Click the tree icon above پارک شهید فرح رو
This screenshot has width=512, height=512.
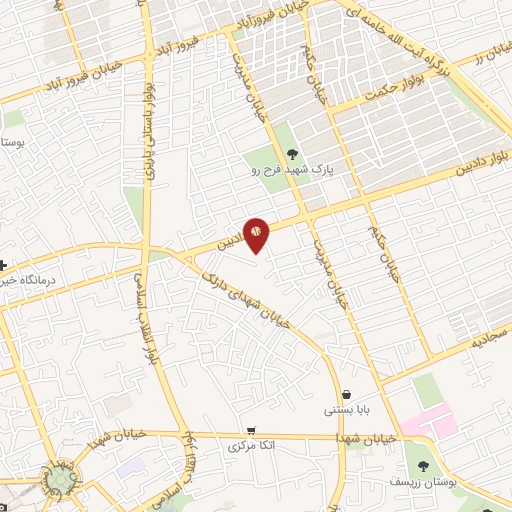pyautogui.click(x=292, y=153)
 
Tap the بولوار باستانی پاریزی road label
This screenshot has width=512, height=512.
pyautogui.click(x=152, y=130)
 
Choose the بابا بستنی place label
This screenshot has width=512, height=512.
pyautogui.click(x=346, y=409)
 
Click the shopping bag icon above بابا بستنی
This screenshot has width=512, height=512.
pyautogui.click(x=346, y=393)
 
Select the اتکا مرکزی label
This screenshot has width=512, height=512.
pyautogui.click(x=251, y=443)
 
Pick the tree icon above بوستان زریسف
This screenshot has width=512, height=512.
pyautogui.click(x=423, y=465)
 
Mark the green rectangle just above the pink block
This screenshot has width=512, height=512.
pyautogui.click(x=428, y=391)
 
